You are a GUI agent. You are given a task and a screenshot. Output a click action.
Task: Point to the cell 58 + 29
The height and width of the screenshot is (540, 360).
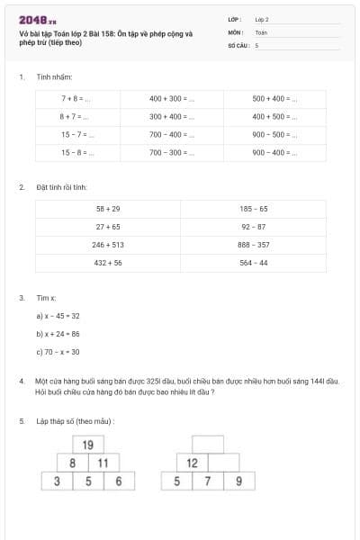pyautogui.click(x=108, y=208)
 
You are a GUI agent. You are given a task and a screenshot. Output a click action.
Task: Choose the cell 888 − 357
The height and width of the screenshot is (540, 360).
pyautogui.click(x=254, y=245)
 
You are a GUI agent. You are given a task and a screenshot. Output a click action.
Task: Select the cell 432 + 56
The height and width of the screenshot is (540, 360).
pyautogui.click(x=108, y=263)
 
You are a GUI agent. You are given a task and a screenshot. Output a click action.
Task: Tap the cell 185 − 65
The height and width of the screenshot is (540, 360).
pyautogui.click(x=254, y=208)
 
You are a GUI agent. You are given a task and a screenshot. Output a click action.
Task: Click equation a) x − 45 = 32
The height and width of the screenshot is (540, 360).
pyautogui.click(x=58, y=316)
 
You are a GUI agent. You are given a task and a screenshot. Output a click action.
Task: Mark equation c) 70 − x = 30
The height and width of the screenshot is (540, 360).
pyautogui.click(x=58, y=352)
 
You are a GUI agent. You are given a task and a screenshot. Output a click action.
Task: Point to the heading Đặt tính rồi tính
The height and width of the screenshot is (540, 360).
pyautogui.click(x=61, y=187)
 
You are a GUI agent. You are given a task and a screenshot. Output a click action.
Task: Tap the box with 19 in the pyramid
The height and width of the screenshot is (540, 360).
pyautogui.click(x=88, y=445)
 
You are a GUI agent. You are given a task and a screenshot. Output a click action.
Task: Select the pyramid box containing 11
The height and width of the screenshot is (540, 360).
pyautogui.click(x=103, y=463)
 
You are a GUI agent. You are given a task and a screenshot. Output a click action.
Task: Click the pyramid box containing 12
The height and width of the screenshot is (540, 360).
pyautogui.click(x=193, y=463)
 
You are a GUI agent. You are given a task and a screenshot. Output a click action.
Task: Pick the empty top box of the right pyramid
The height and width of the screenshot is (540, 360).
pyautogui.click(x=208, y=445)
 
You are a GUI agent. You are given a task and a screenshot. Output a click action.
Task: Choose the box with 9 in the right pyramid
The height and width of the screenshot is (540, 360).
pyautogui.click(x=238, y=481)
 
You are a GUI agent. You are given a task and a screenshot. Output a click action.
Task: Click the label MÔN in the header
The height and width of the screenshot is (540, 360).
pyautogui.click(x=236, y=31)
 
